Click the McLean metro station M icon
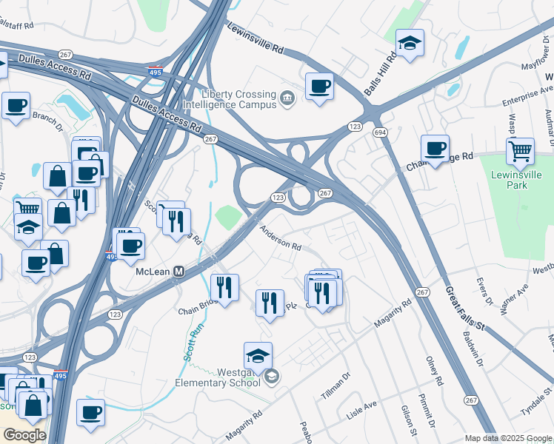point(178,272)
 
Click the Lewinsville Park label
point(517,180)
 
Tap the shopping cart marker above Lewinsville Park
point(521,152)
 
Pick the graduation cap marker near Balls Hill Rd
point(409,44)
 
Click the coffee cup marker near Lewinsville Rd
point(319,86)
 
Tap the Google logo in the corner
point(24,435)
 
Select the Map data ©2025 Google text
point(508,438)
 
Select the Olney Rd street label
point(434,371)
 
